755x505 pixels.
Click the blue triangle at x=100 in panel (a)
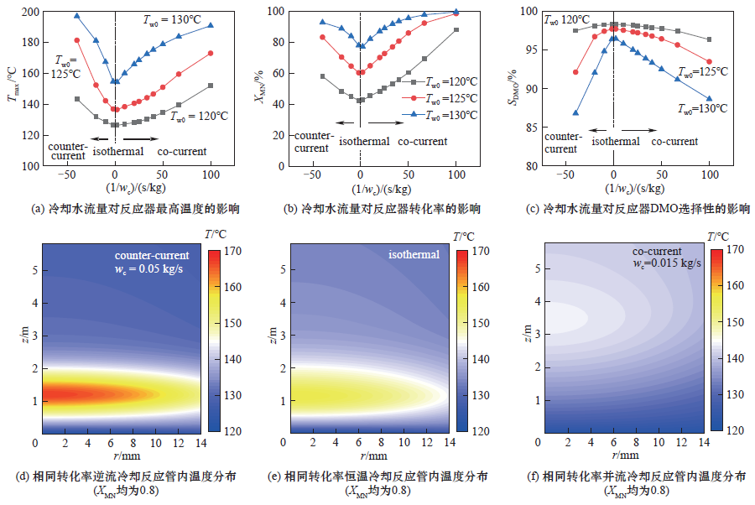click(x=211, y=25)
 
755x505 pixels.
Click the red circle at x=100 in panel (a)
click(x=211, y=54)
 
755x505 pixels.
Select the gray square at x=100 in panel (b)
click(x=456, y=30)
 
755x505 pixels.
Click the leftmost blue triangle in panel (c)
click(x=575, y=112)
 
